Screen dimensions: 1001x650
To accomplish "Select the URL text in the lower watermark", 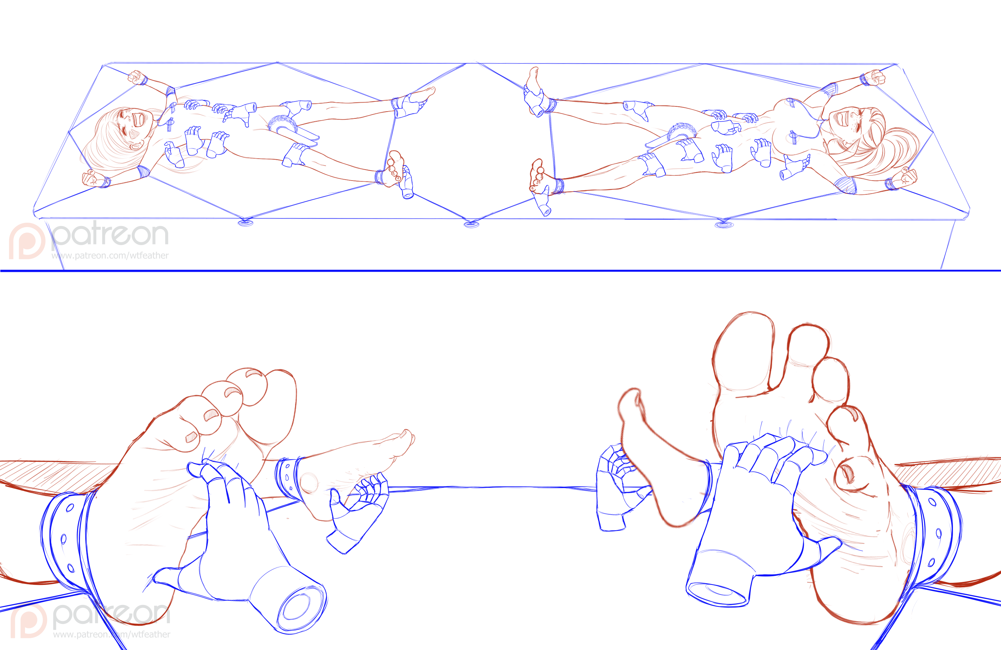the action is [x=111, y=634].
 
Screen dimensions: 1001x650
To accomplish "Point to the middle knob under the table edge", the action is [x=471, y=224].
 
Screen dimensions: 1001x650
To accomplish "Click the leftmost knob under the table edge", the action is [x=246, y=223].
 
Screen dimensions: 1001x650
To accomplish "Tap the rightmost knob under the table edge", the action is [x=724, y=224].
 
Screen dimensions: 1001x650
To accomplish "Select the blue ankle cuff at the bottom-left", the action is [x=67, y=540].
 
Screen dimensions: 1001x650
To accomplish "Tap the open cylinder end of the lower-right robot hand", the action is [x=717, y=592].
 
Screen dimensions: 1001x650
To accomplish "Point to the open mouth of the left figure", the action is [x=139, y=120].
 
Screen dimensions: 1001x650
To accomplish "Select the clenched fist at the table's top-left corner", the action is [x=136, y=77].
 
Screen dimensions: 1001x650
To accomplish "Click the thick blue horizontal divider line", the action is [x=500, y=270].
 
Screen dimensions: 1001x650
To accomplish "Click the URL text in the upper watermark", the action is [x=110, y=255].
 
